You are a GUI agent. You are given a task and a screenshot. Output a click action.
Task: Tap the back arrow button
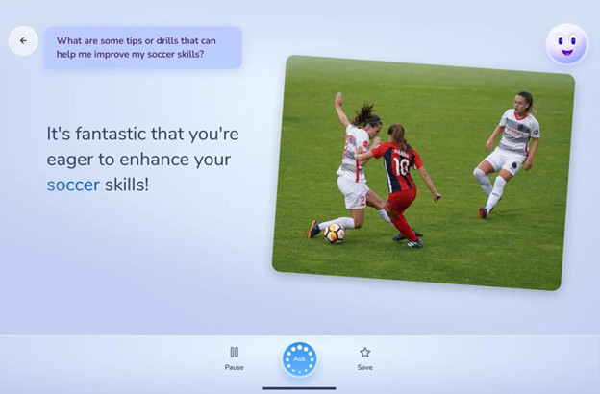(23, 40)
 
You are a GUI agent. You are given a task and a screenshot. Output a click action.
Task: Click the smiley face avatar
(566, 44)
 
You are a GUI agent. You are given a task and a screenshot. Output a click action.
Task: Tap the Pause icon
(235, 352)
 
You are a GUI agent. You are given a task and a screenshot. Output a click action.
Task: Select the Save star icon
(365, 353)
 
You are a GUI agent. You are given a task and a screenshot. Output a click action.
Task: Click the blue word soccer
(73, 185)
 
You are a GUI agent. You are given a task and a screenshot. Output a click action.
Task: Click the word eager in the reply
(70, 160)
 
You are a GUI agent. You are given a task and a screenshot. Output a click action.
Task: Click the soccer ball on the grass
(335, 234)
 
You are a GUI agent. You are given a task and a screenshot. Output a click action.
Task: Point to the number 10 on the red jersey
(401, 166)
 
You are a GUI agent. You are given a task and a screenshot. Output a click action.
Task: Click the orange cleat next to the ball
(314, 229)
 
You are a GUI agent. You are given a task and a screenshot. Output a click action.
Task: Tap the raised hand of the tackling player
(338, 99)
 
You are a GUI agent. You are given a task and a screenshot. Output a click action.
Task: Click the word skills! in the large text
(127, 185)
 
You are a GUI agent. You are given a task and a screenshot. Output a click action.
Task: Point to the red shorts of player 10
(401, 200)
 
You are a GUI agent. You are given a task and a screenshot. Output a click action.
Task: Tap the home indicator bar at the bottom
(300, 388)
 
